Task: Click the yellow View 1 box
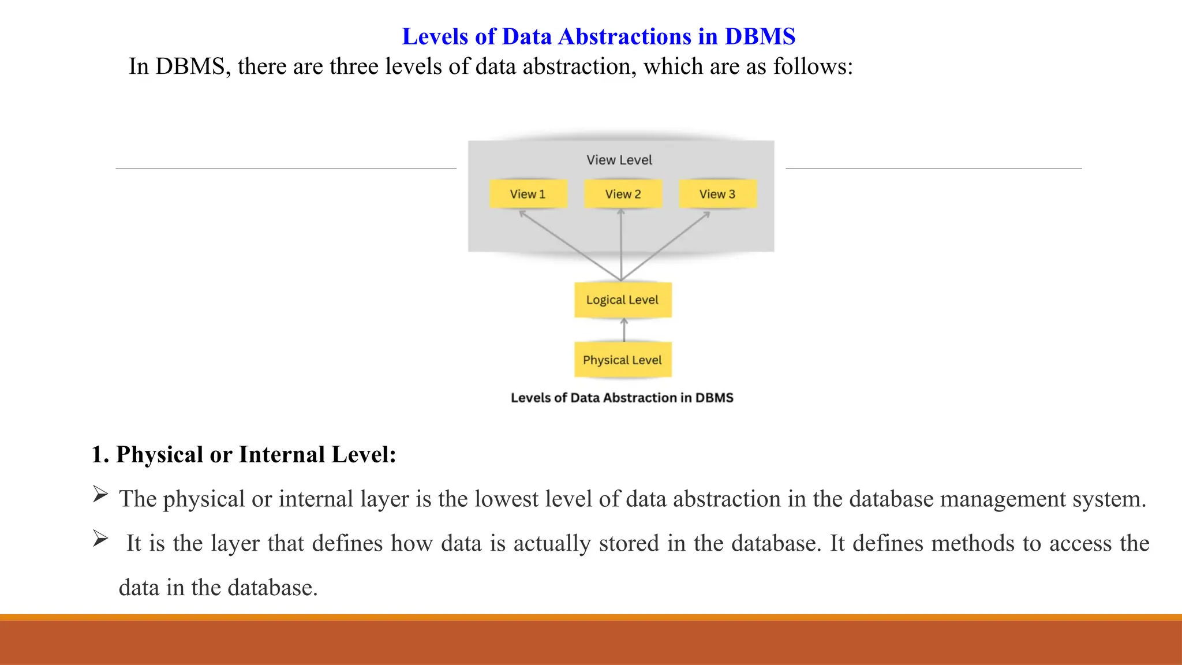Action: click(528, 194)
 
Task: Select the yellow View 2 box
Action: click(623, 194)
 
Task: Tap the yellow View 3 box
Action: click(717, 194)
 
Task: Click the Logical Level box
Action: click(622, 300)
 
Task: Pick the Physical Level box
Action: click(622, 360)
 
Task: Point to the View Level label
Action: click(619, 160)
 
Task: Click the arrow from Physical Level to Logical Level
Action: click(624, 330)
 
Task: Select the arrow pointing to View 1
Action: click(568, 245)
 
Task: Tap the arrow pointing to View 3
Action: click(667, 245)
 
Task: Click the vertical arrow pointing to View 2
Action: click(621, 245)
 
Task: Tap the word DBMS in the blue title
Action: click(760, 36)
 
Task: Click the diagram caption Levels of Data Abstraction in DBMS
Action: click(622, 398)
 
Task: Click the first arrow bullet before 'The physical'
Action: click(100, 494)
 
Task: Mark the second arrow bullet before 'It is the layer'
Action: click(100, 539)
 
